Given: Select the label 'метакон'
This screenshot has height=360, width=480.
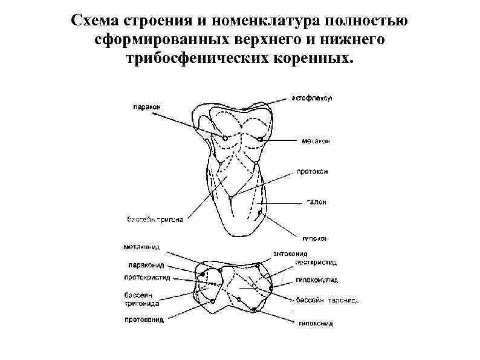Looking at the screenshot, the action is (315, 142).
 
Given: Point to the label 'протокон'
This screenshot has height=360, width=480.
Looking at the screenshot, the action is (313, 171).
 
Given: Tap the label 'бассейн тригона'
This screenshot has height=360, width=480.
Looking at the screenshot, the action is (151, 219).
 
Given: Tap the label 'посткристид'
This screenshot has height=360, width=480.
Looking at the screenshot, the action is (316, 262).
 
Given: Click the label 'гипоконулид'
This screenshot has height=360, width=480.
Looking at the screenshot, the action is (317, 280).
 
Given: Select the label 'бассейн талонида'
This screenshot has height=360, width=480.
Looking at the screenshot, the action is (327, 299).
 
